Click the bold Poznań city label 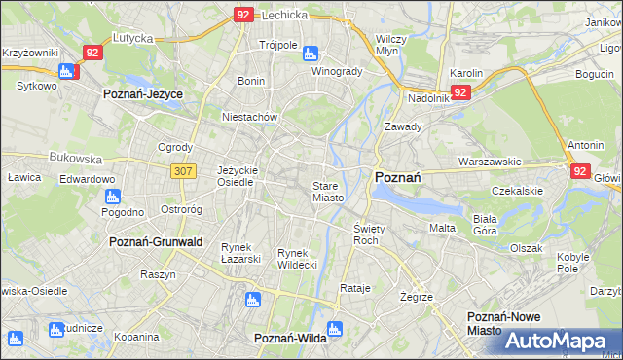coord(397,177)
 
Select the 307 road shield coord(184,171)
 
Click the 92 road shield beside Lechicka coord(244,15)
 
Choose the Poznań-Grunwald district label coord(156,241)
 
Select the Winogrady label coord(337,71)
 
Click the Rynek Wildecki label coord(298,259)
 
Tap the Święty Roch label coord(367,234)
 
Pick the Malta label coord(442,228)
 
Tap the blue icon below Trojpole coord(310,54)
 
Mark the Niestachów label coord(250,117)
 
